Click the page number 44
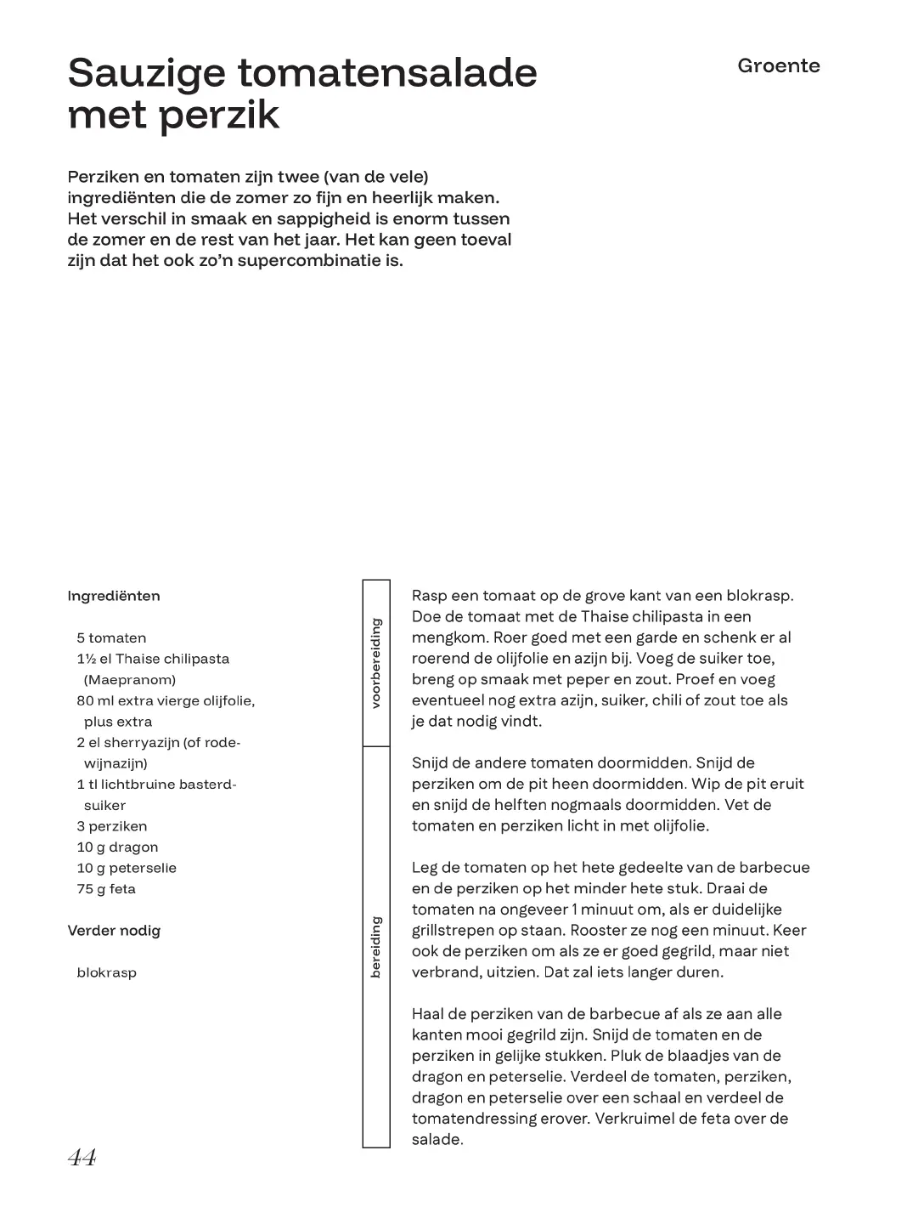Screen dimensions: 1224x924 tap(82, 1158)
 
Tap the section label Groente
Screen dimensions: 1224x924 tap(778, 66)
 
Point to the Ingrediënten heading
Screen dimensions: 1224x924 tap(114, 596)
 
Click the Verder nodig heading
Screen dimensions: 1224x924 tap(114, 931)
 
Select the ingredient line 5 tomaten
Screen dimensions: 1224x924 tap(111, 638)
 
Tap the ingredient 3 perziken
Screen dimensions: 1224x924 tap(111, 826)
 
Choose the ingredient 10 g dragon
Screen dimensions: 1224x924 tap(117, 847)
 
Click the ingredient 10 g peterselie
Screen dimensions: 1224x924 tap(127, 868)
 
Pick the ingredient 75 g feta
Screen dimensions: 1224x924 tap(106, 889)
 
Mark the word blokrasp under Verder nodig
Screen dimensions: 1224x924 tap(106, 972)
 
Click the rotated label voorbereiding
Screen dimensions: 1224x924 tap(376, 663)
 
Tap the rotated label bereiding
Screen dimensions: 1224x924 tap(376, 946)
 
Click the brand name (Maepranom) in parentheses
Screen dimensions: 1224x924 tap(130, 680)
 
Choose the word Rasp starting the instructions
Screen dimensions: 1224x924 tap(429, 596)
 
